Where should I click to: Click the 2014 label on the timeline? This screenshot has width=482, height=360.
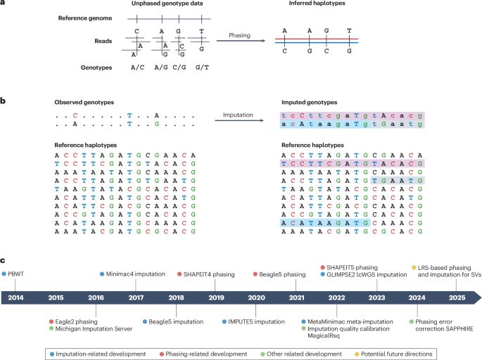(x=15, y=298)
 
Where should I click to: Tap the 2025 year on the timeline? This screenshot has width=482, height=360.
(x=440, y=298)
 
